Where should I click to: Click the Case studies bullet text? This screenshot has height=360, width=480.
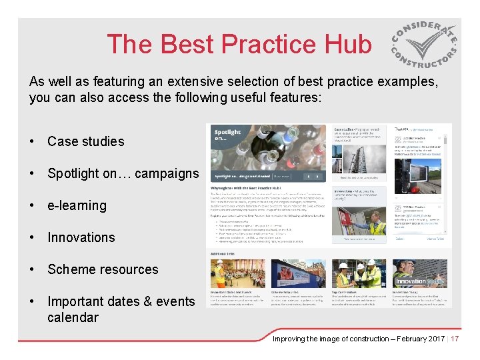85,141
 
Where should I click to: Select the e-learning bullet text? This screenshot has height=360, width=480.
77,205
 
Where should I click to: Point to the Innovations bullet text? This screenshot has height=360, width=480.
81,237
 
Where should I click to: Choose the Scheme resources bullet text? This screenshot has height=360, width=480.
103,269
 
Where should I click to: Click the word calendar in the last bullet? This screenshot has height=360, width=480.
73,317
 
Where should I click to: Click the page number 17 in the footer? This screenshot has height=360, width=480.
455,339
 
